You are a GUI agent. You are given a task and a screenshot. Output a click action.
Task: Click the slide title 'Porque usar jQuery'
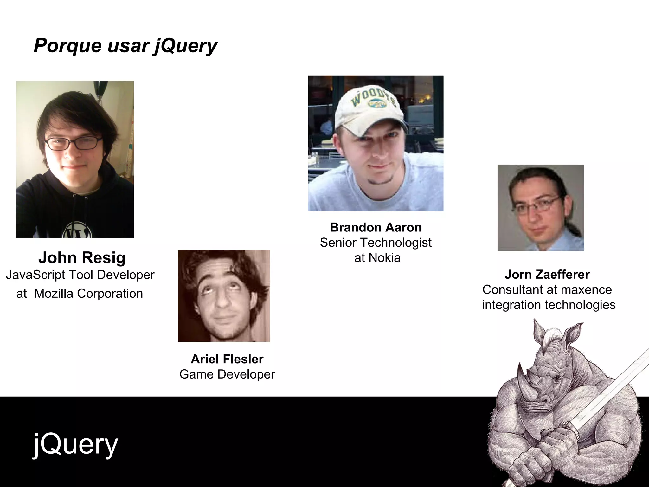125,46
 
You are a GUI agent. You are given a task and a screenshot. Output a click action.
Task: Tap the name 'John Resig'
82,257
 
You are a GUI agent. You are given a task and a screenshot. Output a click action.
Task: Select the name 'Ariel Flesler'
227,359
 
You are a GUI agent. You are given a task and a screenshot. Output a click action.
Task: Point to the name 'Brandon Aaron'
376,227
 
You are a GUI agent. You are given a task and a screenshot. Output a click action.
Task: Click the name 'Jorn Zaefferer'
547,274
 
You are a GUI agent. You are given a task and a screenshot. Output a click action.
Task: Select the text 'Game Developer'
227,374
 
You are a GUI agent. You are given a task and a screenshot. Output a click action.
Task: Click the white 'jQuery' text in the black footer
75,445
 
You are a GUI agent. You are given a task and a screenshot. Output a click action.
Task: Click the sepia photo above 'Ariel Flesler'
224,296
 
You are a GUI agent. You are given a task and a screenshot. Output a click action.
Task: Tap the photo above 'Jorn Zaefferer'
541,208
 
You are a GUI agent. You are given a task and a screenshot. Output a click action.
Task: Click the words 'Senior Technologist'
376,243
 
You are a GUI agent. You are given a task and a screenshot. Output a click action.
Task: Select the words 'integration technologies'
549,305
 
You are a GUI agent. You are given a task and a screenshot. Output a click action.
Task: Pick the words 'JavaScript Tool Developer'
80,275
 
